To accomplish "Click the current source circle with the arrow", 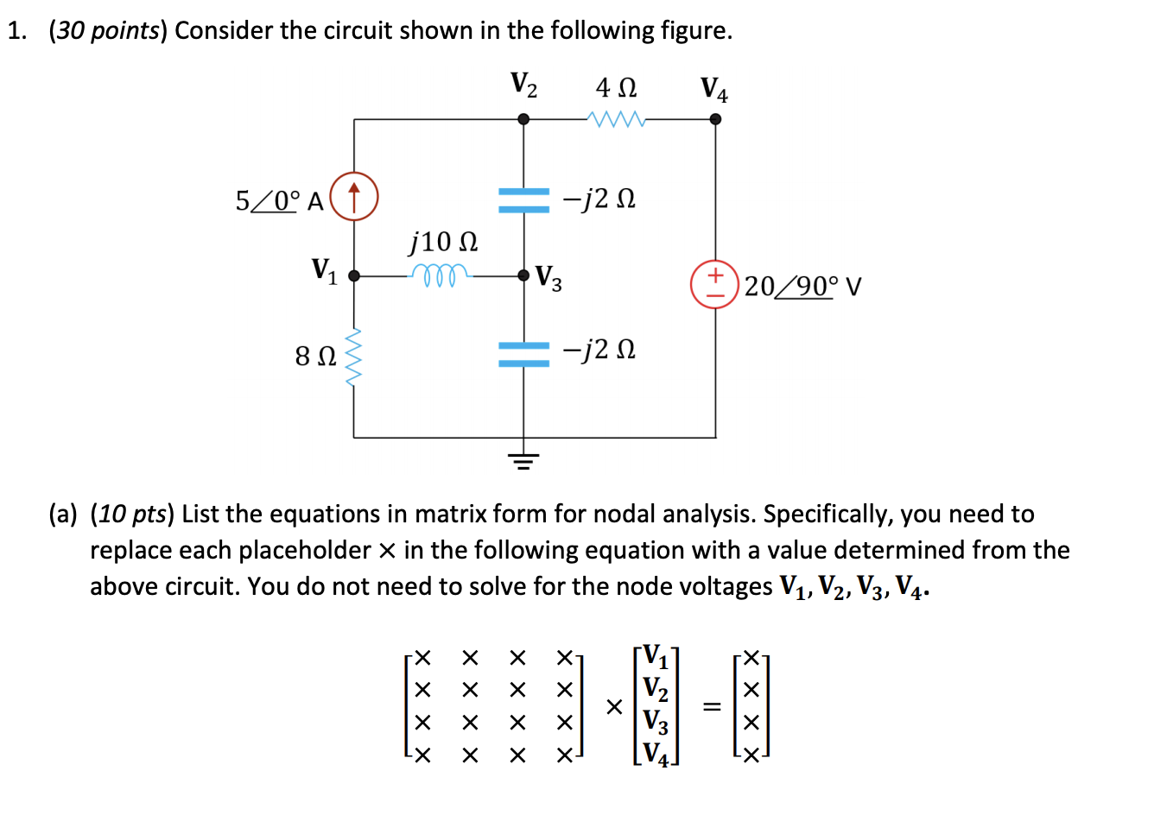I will (354, 197).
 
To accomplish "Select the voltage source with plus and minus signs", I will (714, 284).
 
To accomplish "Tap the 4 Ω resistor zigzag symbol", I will (616, 119).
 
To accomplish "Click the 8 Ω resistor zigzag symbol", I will (353, 357).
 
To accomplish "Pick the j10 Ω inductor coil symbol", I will (441, 275).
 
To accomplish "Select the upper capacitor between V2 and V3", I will (523, 199).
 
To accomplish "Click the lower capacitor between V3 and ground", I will (523, 353).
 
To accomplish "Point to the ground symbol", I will (523, 459).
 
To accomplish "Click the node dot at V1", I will (354, 275).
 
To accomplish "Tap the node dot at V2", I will (523, 119).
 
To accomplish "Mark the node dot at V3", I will (523, 275).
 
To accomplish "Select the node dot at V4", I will (715, 119).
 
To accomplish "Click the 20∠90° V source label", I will (802, 286).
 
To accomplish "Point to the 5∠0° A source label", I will (279, 201).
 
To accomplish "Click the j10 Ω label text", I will (443, 242).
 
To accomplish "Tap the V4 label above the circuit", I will (713, 89).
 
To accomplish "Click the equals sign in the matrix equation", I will (712, 707).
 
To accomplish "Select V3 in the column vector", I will (656, 721).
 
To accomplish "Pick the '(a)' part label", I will (63, 514).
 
